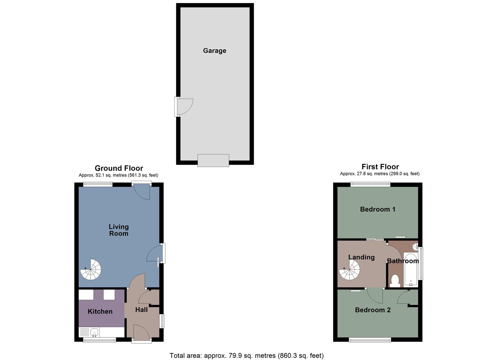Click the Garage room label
point(214,51)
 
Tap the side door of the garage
point(183,107)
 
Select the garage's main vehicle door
point(213,160)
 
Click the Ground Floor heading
point(119,168)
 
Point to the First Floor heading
point(380,167)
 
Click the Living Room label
point(119,230)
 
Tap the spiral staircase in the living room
point(91,269)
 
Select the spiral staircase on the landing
point(350,270)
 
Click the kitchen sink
point(94,332)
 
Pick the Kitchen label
point(100,311)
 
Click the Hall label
point(141,310)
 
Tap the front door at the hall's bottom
point(141,333)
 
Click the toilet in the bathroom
point(395,281)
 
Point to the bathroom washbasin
point(415,247)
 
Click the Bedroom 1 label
point(378,209)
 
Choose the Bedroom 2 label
point(373,310)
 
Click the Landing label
point(361,257)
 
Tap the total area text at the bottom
point(247,356)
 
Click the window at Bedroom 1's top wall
point(370,183)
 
